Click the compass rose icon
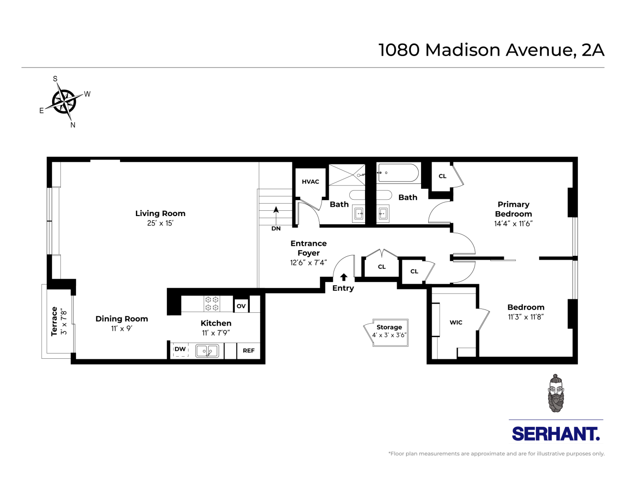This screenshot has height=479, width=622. tap(64, 102)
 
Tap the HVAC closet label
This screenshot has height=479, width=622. tap(310, 182)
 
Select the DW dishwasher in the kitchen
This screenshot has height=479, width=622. tap(180, 350)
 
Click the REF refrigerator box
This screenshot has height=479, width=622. tap(248, 350)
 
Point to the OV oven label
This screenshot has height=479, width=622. tap(241, 306)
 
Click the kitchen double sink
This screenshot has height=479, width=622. tap(207, 351)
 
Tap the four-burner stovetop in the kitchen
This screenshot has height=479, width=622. tap(212, 304)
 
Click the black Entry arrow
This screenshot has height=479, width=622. tap(344, 277)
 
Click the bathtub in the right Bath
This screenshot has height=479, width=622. tap(398, 173)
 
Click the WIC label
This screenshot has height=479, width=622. tap(456, 322)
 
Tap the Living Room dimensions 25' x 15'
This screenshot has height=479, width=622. tap(160, 223)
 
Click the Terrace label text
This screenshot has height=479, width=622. tap(55, 321)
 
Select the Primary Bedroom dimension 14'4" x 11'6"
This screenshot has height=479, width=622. tap(513, 224)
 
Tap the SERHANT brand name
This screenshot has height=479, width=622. tap(555, 434)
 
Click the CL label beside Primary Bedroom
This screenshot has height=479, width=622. tap(443, 176)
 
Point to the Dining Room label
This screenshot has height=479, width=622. tap(122, 319)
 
